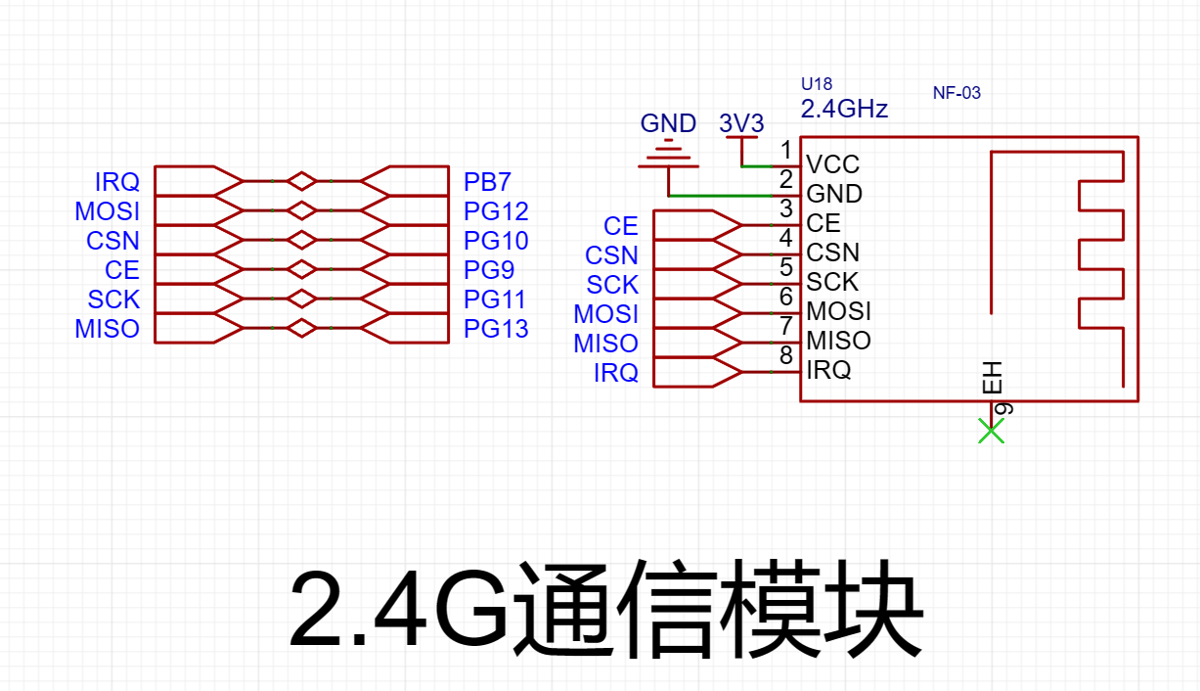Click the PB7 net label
(x=487, y=182)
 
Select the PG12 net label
(x=496, y=211)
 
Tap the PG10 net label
(x=496, y=241)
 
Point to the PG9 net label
(x=489, y=269)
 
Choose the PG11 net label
(x=495, y=299)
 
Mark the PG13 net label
(x=496, y=329)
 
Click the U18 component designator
(x=817, y=84)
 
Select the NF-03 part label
(x=956, y=93)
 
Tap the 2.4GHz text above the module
(x=844, y=109)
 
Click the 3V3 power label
(x=741, y=123)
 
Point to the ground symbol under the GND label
(x=669, y=155)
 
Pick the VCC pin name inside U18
(x=833, y=164)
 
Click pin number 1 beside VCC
(x=786, y=150)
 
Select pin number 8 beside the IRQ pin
(x=786, y=355)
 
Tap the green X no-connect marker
(x=991, y=431)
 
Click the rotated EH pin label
(x=992, y=378)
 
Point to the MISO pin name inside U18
(x=838, y=341)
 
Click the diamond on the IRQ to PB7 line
(x=301, y=181)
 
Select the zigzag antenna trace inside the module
(x=1101, y=268)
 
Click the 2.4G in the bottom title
(x=399, y=610)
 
